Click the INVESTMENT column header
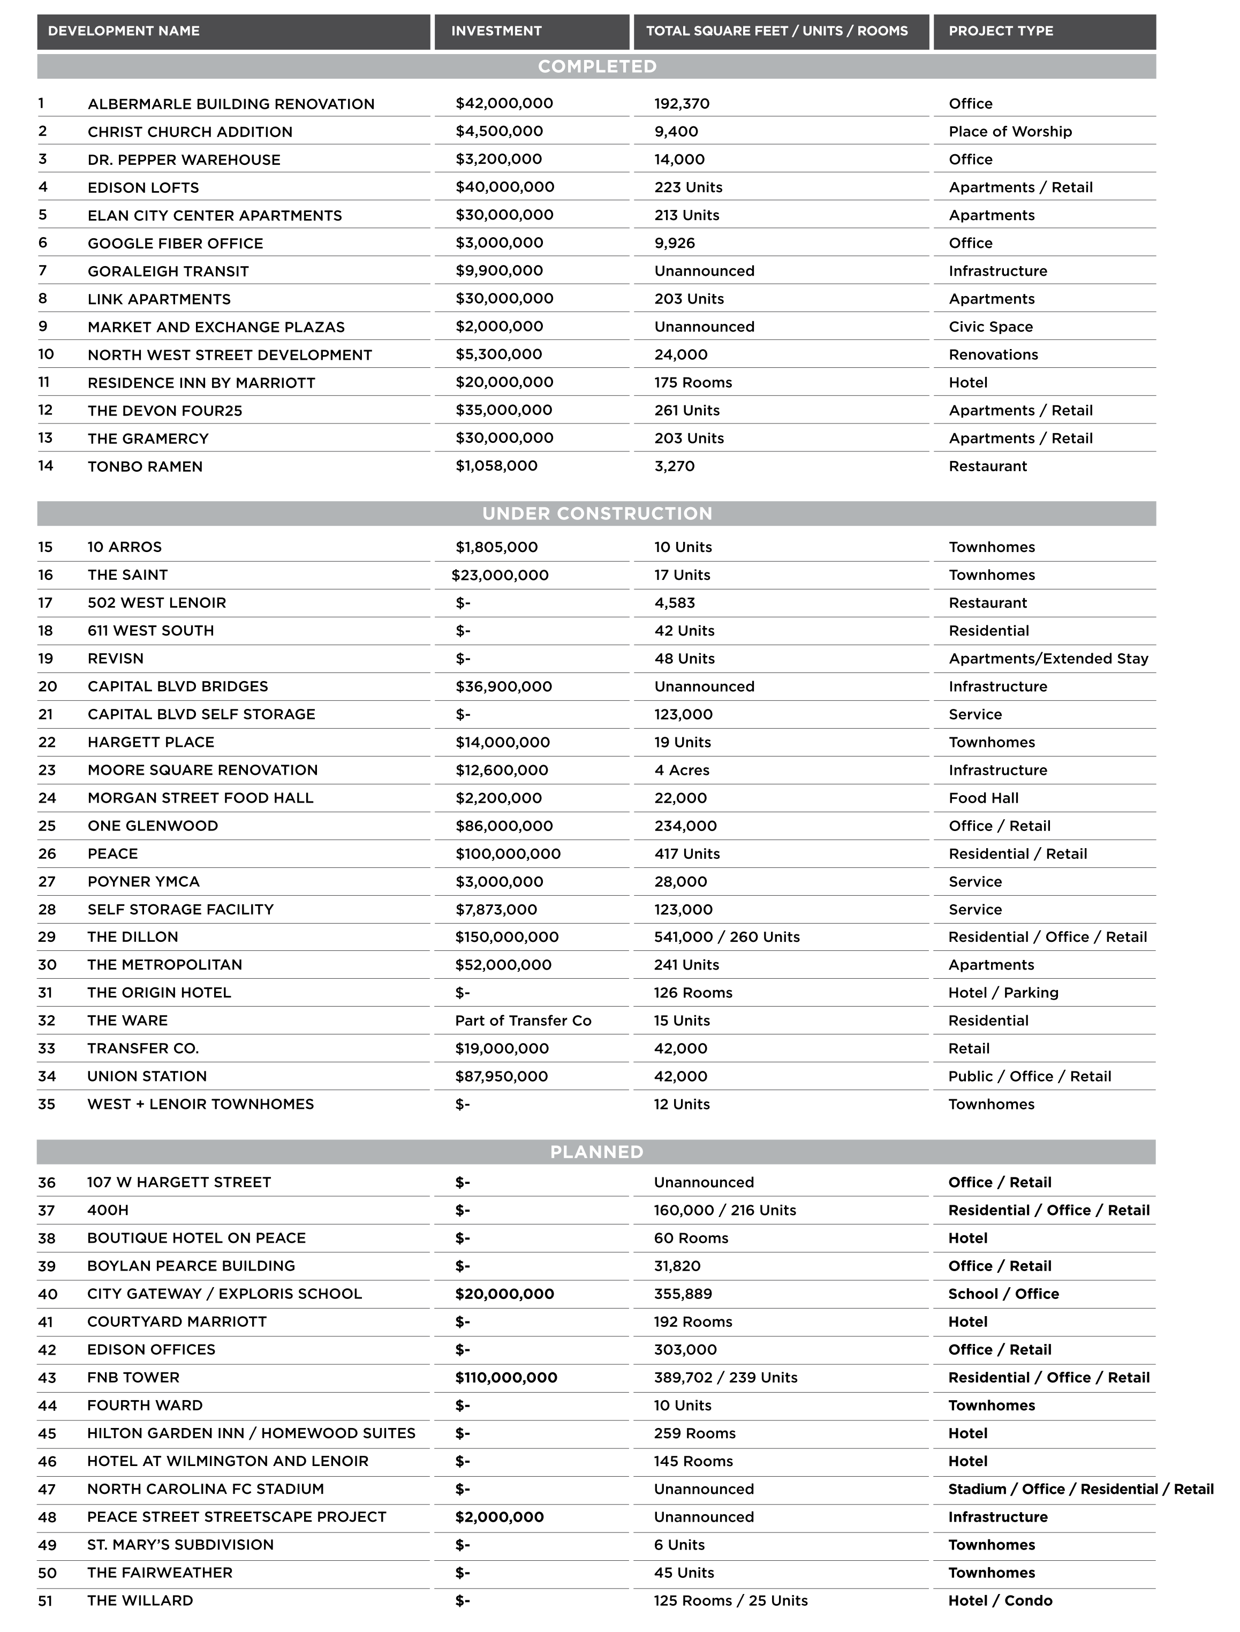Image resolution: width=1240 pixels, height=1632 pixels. click(496, 31)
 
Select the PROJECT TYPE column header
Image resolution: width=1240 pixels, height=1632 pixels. click(1000, 31)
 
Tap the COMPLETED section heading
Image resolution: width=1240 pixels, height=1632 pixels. click(596, 66)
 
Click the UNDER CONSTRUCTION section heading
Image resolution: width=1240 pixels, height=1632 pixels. click(596, 513)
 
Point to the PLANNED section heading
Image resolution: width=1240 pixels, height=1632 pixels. click(596, 1152)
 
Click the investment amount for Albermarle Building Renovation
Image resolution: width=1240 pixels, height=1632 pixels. click(504, 103)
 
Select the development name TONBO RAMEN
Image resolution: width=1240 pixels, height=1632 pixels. click(145, 466)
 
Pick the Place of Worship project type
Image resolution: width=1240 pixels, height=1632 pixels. click(1010, 131)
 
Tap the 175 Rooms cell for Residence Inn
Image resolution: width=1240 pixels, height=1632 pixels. click(692, 382)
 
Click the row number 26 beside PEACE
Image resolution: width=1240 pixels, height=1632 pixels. click(47, 854)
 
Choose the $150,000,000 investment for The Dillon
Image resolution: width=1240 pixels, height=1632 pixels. click(506, 936)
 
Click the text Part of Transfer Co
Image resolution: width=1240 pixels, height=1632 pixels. click(523, 1021)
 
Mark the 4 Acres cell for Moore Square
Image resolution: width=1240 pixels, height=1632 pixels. click(681, 770)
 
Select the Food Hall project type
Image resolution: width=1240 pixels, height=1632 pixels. click(983, 798)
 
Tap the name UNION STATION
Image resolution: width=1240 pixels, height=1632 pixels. click(147, 1076)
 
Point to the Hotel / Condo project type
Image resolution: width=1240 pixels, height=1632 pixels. click(1000, 1600)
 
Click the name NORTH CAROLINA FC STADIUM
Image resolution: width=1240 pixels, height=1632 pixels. click(205, 1489)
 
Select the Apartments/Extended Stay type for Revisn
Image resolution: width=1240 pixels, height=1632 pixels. click(1048, 659)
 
